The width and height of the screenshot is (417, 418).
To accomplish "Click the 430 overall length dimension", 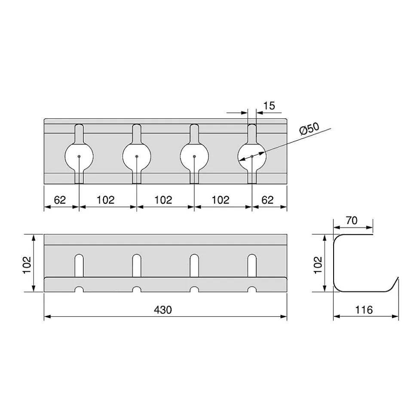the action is click(x=163, y=310).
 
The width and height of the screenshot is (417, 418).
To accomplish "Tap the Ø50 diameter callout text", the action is click(x=309, y=129).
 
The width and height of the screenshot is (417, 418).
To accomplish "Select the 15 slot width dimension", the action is click(x=269, y=106).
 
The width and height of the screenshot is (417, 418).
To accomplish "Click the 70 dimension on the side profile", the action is click(x=352, y=220).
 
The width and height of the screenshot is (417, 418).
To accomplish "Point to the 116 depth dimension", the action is click(x=364, y=310).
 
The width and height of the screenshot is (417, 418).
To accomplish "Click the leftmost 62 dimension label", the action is click(x=60, y=200).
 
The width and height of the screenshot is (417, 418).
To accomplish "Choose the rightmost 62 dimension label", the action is click(x=267, y=200).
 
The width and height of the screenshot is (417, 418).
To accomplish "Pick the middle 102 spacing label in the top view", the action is click(x=163, y=200).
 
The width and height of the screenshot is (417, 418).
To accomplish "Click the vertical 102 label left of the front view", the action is click(x=27, y=265).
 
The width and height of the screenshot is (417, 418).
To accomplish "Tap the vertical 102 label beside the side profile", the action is click(x=318, y=265).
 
